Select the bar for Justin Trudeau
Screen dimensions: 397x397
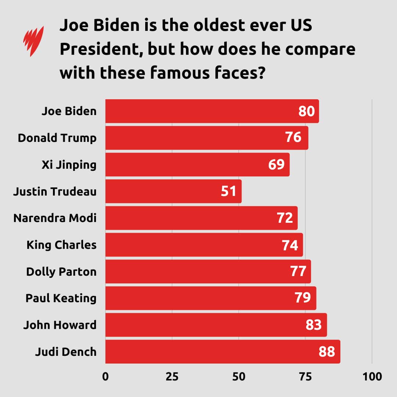[x=173, y=191]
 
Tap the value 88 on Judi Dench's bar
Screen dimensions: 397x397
[x=327, y=352]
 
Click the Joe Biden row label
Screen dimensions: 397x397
[x=69, y=111]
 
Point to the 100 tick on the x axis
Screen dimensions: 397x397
[x=372, y=377]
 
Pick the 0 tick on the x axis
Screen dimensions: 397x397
[x=105, y=377]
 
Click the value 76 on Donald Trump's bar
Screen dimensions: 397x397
[x=293, y=138]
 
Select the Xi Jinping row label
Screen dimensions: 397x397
[x=69, y=165]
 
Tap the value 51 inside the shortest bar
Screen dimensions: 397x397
[x=229, y=191]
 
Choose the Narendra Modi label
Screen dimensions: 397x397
[x=55, y=218]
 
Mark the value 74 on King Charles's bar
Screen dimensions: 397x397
[x=290, y=245]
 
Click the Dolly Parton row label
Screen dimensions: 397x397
[x=61, y=272]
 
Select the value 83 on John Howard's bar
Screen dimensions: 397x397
[x=314, y=325]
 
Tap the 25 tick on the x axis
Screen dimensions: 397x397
[x=172, y=377]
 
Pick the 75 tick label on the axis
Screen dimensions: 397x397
[x=305, y=377]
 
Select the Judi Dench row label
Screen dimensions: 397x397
[x=66, y=352]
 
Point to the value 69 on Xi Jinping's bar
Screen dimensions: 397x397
[x=276, y=165]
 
